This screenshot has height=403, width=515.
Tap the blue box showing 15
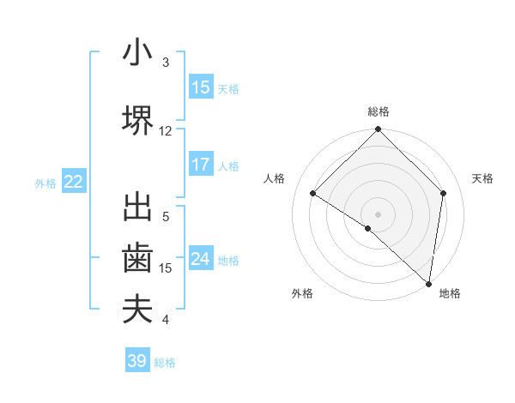pos(201,87)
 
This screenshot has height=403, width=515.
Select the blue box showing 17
pos(201,165)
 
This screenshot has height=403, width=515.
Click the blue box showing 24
pos(201,259)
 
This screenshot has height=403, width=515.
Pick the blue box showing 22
pos(74,182)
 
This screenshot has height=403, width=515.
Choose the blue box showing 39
pos(137,361)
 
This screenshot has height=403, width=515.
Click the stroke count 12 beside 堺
pos(166,131)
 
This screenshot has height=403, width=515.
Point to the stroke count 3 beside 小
pos(166,63)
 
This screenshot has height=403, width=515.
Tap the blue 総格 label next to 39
pos(165,363)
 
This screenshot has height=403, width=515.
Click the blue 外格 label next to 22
pos(45,183)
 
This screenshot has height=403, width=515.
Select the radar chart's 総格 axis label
pos(378,111)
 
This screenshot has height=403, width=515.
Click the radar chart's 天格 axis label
pos(483,178)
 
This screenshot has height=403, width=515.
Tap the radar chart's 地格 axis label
pos(450,293)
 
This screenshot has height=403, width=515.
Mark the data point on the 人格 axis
pos(313,194)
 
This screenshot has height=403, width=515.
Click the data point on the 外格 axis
pos(368,228)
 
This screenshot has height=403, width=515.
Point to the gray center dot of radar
pos(378,214)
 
